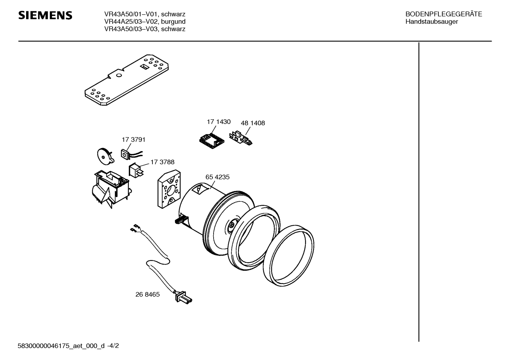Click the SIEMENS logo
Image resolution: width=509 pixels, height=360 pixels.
point(45,15)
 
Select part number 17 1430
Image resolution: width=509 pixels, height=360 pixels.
point(218,122)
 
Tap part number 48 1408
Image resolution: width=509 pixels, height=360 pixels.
point(253,123)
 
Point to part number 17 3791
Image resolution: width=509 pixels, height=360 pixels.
point(133,140)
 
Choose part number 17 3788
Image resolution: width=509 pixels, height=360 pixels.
point(162,162)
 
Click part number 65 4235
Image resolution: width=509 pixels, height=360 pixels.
point(217,177)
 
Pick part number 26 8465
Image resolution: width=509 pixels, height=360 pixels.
point(148,294)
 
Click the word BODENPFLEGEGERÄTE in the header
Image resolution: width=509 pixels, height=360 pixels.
point(444,14)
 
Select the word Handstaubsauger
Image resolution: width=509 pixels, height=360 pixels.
point(432,22)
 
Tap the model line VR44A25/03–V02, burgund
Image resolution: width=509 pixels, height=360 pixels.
point(145,22)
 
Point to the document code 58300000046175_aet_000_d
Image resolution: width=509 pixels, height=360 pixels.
point(61,346)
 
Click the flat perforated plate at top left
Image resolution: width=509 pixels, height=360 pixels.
point(126,80)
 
